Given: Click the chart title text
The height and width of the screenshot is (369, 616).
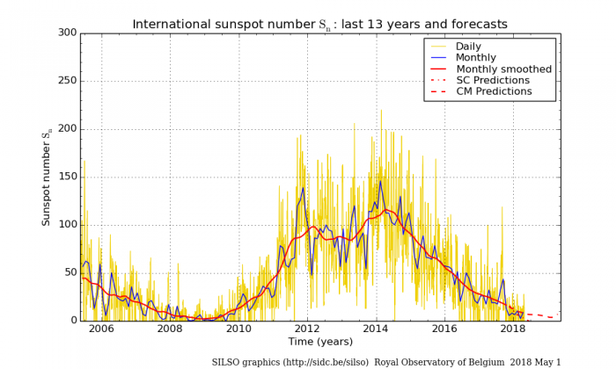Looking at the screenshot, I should pos(319,24).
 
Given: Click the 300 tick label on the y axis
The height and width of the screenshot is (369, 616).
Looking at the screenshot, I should pos(66,33).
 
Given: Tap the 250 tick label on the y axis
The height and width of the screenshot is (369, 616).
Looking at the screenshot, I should pos(66,81).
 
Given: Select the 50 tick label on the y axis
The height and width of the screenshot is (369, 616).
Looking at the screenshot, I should pos(70,272).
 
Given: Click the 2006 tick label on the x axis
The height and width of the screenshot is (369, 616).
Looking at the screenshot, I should pos(101,329).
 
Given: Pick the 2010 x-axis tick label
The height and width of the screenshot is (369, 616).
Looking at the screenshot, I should pos(238,329).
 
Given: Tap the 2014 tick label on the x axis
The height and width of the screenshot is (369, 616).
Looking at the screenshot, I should pos(376,329).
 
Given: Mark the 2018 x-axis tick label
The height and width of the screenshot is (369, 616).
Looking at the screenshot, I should pos(513,329).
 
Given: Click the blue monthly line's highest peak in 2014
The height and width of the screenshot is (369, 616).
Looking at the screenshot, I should pos(380,182).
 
